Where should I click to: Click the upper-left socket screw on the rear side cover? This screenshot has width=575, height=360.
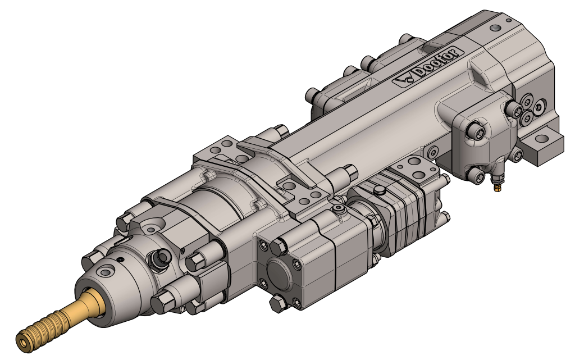474,131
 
